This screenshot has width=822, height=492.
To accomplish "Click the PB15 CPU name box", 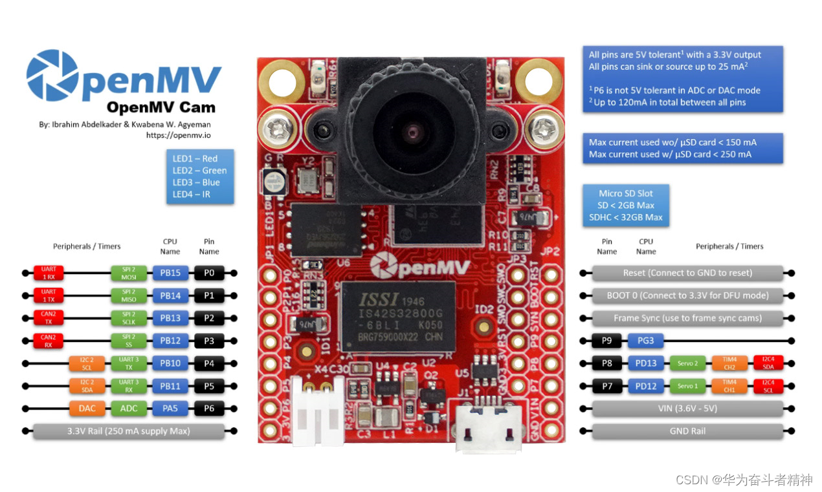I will point(170,273).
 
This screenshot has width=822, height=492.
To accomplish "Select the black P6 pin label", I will point(209,409).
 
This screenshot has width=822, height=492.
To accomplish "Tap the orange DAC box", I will point(87,409).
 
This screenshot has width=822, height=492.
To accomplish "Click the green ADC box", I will point(129,409).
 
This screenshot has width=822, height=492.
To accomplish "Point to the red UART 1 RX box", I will point(49,273).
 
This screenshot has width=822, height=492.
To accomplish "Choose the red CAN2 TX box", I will point(49,318).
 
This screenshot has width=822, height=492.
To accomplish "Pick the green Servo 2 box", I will point(687,363).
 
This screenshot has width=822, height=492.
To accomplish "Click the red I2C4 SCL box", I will point(768,386).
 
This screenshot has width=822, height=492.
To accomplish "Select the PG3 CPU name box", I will point(645,341).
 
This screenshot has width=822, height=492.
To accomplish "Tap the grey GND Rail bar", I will point(687,431).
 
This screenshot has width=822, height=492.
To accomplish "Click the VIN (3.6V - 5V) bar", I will point(687,409).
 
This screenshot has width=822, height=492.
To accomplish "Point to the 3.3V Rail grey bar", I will point(129,431).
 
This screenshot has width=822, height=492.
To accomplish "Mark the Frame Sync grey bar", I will point(687,318).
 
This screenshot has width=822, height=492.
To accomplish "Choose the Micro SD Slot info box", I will point(625,206).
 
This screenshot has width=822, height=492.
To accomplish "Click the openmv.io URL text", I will point(179,136).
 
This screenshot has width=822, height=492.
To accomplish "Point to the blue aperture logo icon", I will point(52,76).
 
